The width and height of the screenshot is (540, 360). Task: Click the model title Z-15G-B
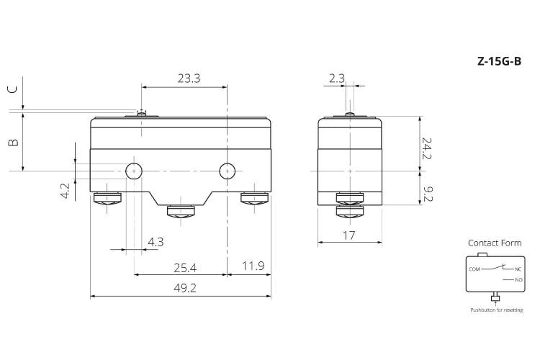coord(499,61)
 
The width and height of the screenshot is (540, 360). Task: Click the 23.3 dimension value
coord(189,78)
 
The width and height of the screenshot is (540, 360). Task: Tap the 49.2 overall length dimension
coord(185,288)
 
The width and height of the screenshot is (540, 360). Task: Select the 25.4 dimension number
coord(185,268)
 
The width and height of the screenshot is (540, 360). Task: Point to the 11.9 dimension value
coord(253,266)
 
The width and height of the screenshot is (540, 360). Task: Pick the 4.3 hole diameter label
coord(156,242)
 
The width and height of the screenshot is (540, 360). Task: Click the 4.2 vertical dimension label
coord(65,192)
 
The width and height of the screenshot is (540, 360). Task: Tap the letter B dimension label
coord(13,143)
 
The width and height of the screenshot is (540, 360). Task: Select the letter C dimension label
coord(12,89)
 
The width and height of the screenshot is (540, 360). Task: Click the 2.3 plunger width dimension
coord(336,78)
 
